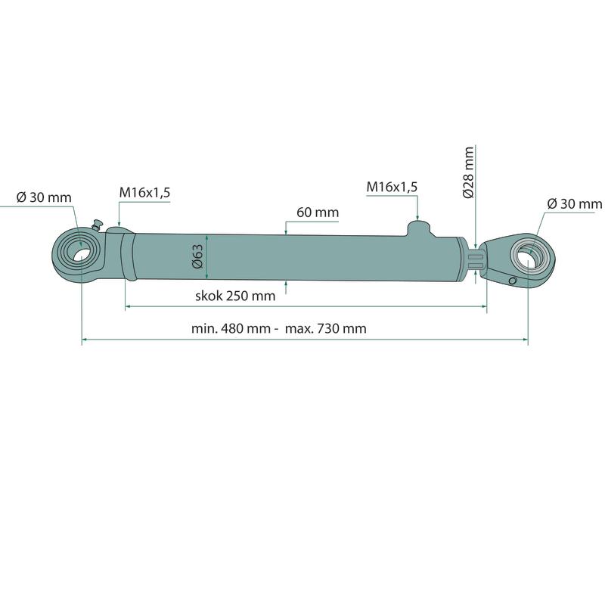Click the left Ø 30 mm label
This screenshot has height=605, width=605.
tap(44, 197)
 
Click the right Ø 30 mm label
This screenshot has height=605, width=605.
tap(575, 203)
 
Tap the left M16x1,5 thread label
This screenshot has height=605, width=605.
tap(144, 192)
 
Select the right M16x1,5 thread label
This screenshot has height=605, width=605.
tap(392, 187)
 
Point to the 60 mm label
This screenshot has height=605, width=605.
tap(318, 213)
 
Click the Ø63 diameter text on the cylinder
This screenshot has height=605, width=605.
tap(197, 256)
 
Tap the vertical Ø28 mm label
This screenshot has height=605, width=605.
tap(468, 172)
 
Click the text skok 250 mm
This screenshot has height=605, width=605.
tap(235, 296)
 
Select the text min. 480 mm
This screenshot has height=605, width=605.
tap(231, 328)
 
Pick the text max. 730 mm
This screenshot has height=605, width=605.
tap(326, 328)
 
